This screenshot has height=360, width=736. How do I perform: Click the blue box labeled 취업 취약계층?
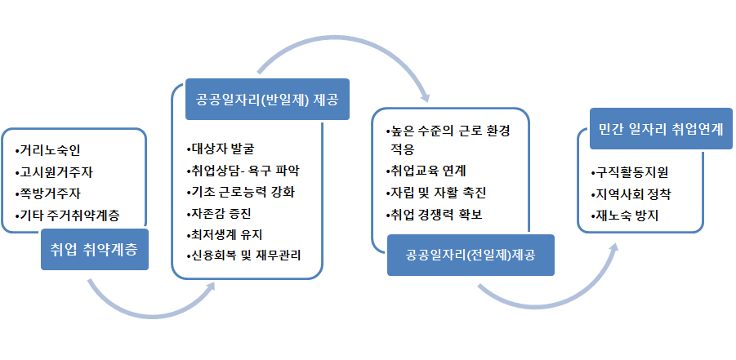[x=94, y=249]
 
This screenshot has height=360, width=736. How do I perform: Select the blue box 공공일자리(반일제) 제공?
[x=267, y=99]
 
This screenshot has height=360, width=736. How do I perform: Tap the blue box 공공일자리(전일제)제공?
[x=471, y=255]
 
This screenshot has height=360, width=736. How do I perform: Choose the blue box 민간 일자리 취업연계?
[x=661, y=129]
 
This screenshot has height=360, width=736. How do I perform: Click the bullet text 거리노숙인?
[x=48, y=151]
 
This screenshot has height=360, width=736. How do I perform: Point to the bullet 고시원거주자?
[x=54, y=172]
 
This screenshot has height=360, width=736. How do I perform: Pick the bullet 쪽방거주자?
[x=48, y=193]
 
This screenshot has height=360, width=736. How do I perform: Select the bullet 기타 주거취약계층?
[x=67, y=216]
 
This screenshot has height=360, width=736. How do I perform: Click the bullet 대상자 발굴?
[x=220, y=149]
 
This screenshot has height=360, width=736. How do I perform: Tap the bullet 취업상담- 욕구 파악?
[x=243, y=171]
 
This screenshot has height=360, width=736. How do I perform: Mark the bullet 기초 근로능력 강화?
[x=240, y=193]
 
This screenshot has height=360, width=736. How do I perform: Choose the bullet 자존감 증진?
[x=219, y=214]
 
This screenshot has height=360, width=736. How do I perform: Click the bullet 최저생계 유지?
[x=227, y=234]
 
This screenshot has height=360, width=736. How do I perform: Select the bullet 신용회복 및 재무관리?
[x=243, y=256]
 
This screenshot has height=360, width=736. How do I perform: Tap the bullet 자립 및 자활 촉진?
[x=435, y=193]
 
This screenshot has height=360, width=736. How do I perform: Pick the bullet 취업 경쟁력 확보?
[x=434, y=215]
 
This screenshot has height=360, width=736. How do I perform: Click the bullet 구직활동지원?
[x=630, y=173]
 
